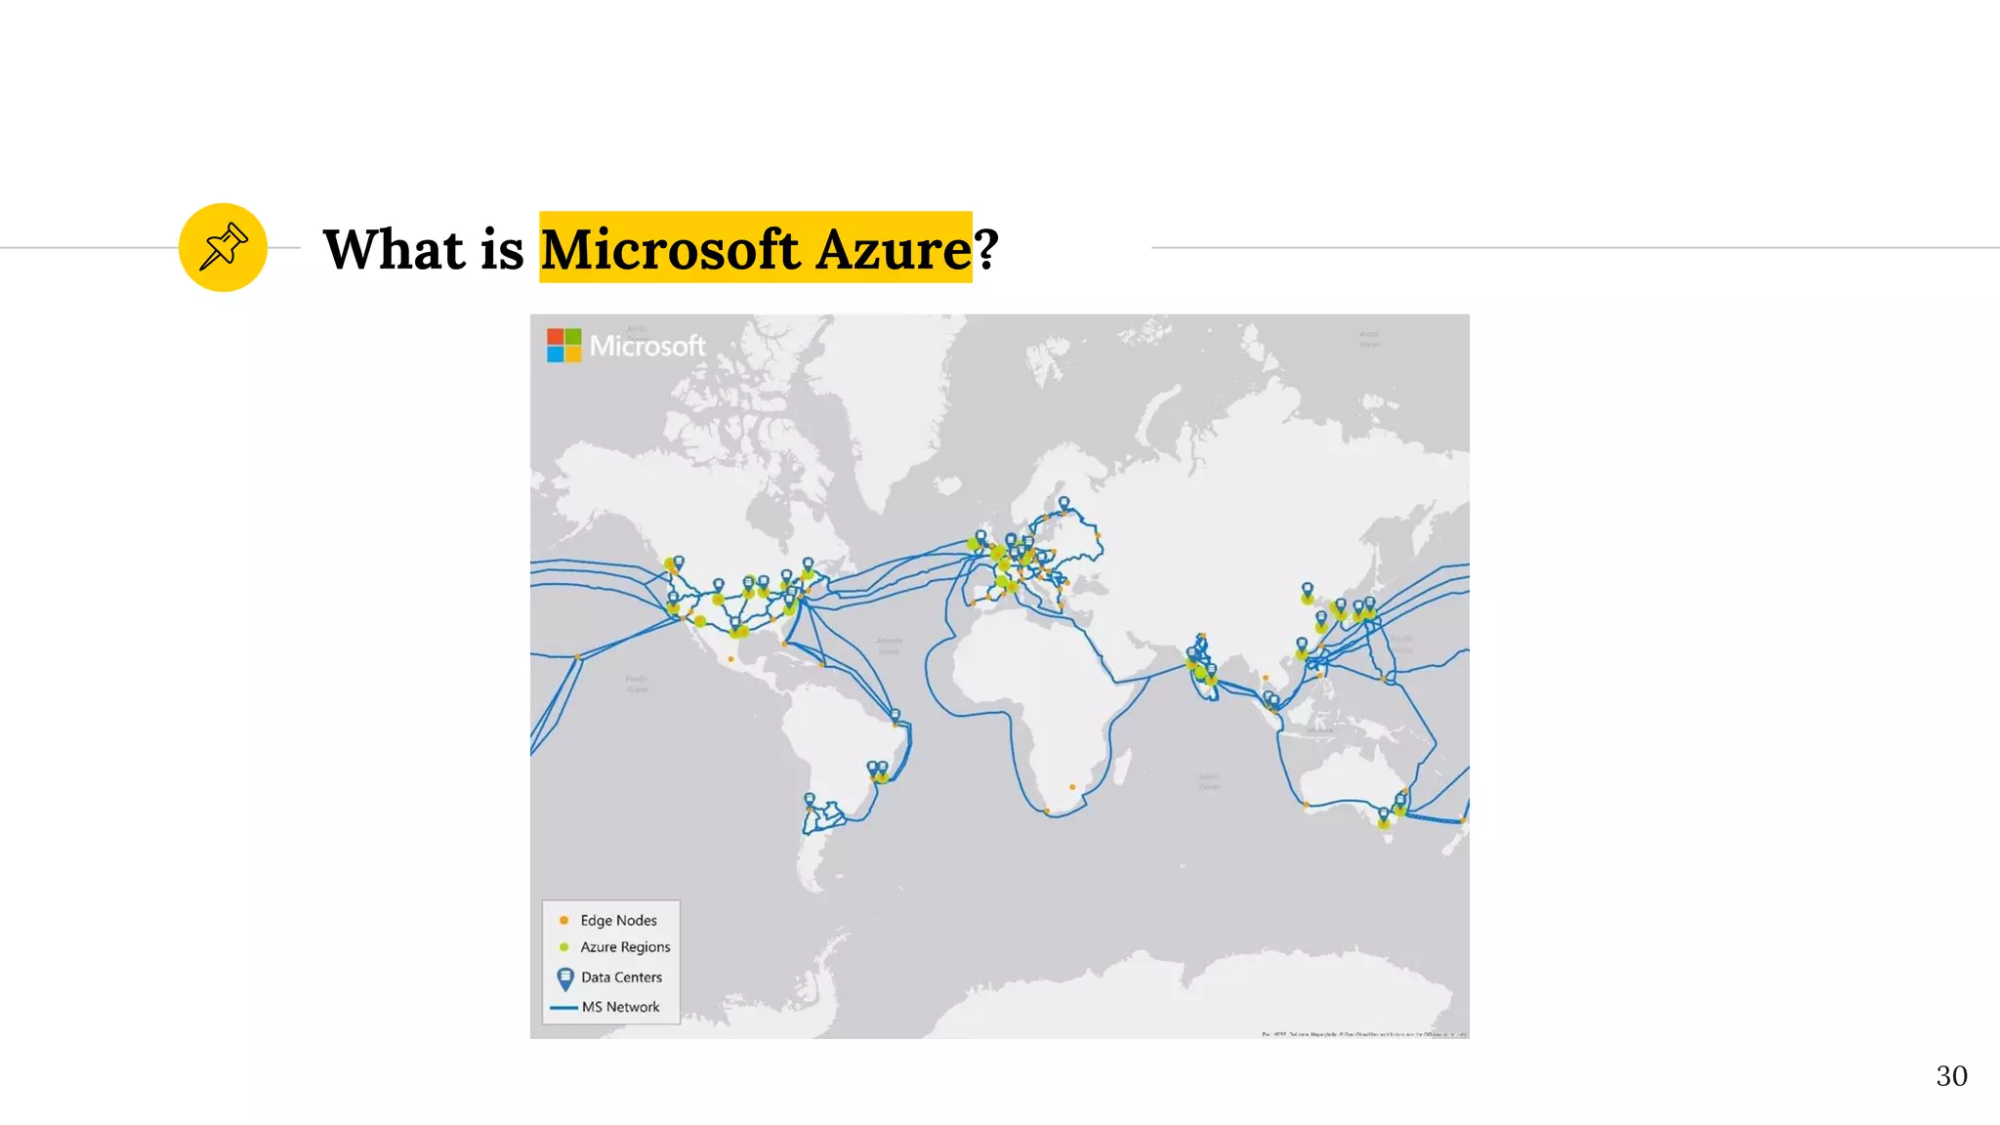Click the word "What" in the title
tap(394, 249)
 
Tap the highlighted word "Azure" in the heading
tap(894, 249)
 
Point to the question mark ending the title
tap(986, 249)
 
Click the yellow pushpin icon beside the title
tap(223, 247)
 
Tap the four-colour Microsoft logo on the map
tap(563, 345)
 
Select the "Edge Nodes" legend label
tap(618, 920)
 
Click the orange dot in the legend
tap(563, 920)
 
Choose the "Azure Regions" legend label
tap(625, 947)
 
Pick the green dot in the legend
tap(563, 947)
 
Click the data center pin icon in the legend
tap(564, 978)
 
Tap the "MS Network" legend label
tap(620, 1007)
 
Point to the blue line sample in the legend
tap(563, 1007)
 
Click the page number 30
tap(1951, 1076)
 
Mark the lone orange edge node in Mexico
tap(730, 659)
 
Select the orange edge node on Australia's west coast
tap(1306, 804)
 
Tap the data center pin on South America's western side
tap(809, 801)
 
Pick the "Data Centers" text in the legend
tap(621, 978)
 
